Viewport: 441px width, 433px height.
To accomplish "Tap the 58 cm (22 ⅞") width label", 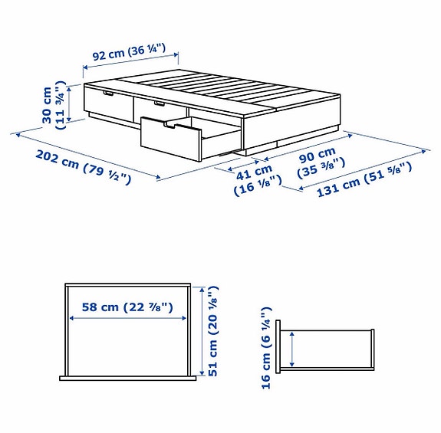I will [126, 307].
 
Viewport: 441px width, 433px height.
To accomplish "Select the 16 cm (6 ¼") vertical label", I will [266, 348].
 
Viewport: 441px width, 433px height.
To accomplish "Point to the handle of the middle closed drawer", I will [160, 103].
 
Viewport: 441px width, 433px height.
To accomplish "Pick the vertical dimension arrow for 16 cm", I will [291, 350].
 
